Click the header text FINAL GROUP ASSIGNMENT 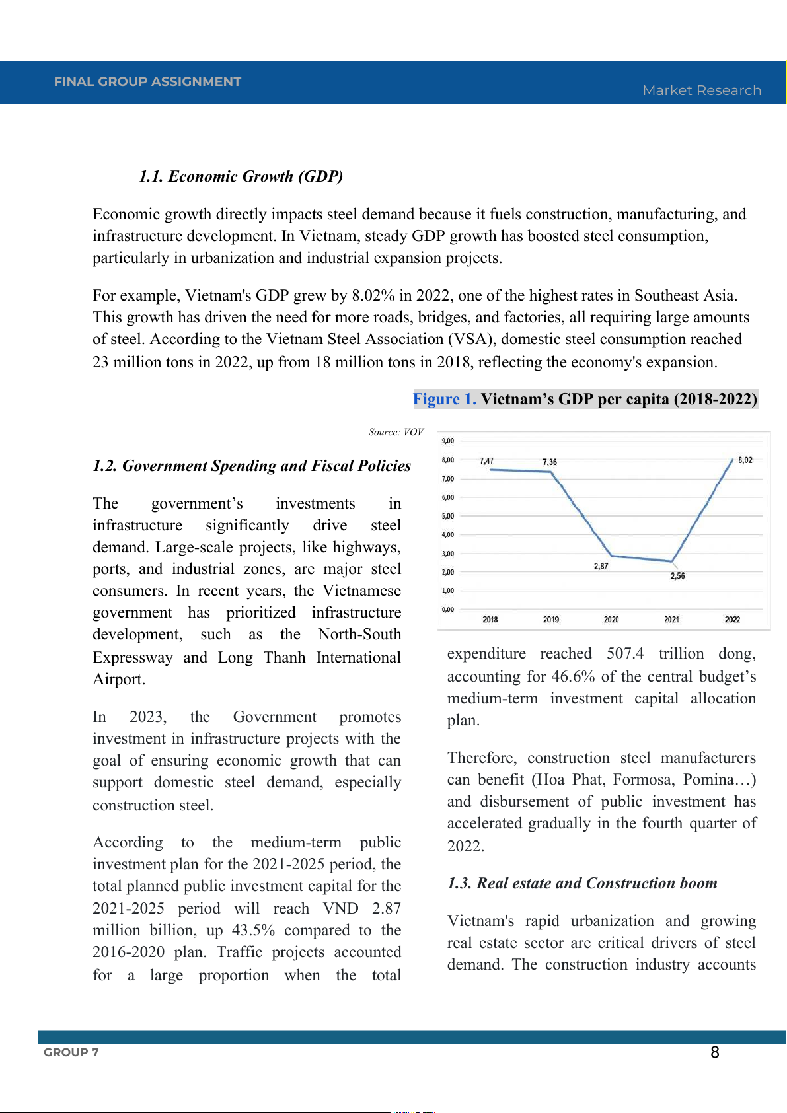[147, 81]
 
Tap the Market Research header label [702, 90]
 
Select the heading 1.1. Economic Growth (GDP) [241, 176]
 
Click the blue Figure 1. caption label [444, 399]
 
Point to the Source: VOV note [396, 432]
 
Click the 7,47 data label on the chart [486, 460]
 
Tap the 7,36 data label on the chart [550, 462]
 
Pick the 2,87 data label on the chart [601, 566]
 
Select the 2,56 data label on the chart [677, 576]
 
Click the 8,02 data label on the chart [745, 460]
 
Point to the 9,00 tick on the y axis [448, 441]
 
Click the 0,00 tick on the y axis [448, 610]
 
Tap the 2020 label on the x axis [611, 620]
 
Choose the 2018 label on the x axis [490, 620]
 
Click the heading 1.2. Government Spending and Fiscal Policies [252, 466]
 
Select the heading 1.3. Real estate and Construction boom [582, 883]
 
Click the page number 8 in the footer [714, 1052]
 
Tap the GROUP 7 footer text [71, 1052]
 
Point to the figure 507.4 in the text [625, 654]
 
